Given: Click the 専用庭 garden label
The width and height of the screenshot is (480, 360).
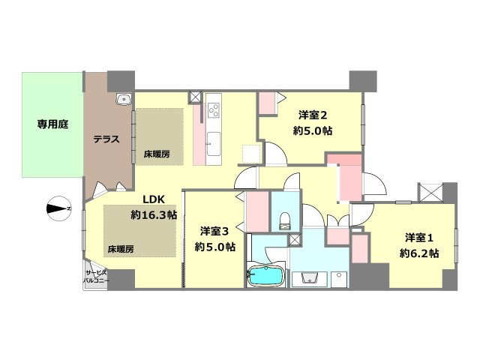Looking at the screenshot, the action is click(x=52, y=124).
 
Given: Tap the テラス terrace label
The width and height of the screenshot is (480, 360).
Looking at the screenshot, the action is click(x=106, y=139).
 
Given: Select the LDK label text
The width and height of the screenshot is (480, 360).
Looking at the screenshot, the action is click(x=154, y=199).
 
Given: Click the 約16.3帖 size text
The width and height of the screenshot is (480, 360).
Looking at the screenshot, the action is click(x=154, y=215).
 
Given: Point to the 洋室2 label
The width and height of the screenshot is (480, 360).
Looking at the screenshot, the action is click(x=313, y=115).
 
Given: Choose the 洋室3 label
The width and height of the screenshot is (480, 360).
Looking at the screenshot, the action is click(x=214, y=232).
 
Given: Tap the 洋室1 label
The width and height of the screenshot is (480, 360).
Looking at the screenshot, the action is click(x=419, y=238).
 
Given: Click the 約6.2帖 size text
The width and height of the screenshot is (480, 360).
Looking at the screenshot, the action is click(x=419, y=253).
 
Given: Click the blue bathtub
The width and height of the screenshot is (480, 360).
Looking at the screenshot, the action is click(x=265, y=276).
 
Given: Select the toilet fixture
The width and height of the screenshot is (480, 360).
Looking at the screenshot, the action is click(x=285, y=221).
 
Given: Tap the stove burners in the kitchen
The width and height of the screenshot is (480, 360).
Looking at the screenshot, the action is click(x=214, y=110).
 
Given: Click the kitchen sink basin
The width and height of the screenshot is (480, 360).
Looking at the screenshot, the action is click(x=214, y=144).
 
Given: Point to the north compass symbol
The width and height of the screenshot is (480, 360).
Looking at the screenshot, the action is click(x=59, y=208).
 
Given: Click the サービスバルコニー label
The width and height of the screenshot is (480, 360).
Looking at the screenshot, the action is click(x=96, y=276).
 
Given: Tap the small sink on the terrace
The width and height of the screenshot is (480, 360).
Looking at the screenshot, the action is click(x=124, y=99).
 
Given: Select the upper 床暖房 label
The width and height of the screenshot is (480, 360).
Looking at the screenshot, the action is click(x=157, y=154).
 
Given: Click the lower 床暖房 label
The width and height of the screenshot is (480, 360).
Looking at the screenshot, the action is click(x=121, y=249).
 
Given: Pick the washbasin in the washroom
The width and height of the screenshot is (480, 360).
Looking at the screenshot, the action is click(x=310, y=278).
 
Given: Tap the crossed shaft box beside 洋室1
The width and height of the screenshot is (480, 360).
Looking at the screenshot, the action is click(x=430, y=193).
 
